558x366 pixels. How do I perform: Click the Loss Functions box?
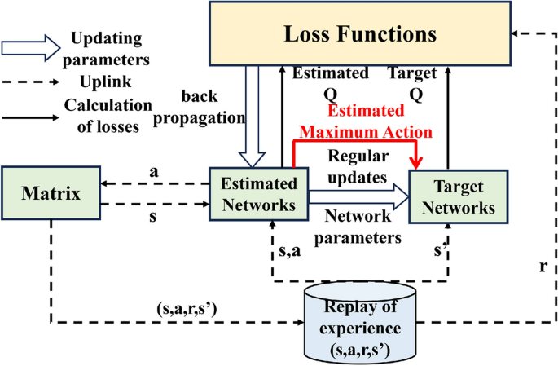pos(359,34)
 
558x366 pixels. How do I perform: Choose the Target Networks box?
pos(458,196)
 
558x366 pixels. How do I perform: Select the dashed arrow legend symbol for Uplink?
pos(30,82)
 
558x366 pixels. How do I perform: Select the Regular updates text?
pos(358,165)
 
